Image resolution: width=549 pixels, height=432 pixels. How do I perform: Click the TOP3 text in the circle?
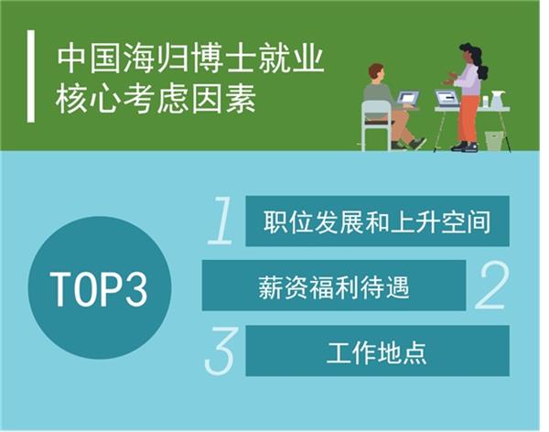tap(100, 289)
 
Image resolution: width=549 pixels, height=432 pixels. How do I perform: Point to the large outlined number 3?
tap(220, 351)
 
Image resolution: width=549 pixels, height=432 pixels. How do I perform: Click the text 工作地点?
tap(377, 352)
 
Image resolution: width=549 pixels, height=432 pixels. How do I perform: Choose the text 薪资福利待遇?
tap(334, 287)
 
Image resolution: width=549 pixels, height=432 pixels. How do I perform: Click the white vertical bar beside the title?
tap(31, 76)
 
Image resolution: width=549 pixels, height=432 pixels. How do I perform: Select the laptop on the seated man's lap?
tap(407, 99)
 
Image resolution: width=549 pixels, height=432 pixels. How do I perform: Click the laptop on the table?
tap(447, 98)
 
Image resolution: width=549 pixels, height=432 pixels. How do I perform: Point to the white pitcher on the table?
tap(497, 99)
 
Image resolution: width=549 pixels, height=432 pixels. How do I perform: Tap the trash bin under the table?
tap(494, 141)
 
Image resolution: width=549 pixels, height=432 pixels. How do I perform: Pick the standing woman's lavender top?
tap(468, 80)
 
